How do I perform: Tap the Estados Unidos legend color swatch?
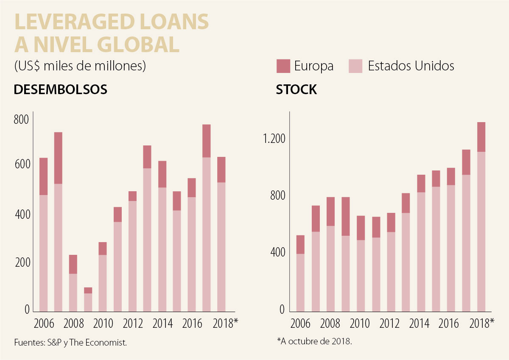point(355,66)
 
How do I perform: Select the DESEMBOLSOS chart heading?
point(60,90)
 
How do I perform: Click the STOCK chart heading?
point(296,90)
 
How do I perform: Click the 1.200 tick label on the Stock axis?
point(275,140)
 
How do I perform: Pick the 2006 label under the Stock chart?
point(301,324)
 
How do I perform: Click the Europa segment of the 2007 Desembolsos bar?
point(58,158)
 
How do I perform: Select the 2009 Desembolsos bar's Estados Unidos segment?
point(88,302)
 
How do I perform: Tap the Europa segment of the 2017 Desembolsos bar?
point(207,141)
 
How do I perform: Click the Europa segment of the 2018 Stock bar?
point(481,137)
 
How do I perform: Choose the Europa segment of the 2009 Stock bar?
point(346,216)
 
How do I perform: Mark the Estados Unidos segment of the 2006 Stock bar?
point(300,282)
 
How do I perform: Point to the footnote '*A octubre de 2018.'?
point(314,341)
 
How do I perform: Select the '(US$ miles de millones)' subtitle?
point(80,67)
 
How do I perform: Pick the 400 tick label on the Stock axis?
point(277,253)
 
